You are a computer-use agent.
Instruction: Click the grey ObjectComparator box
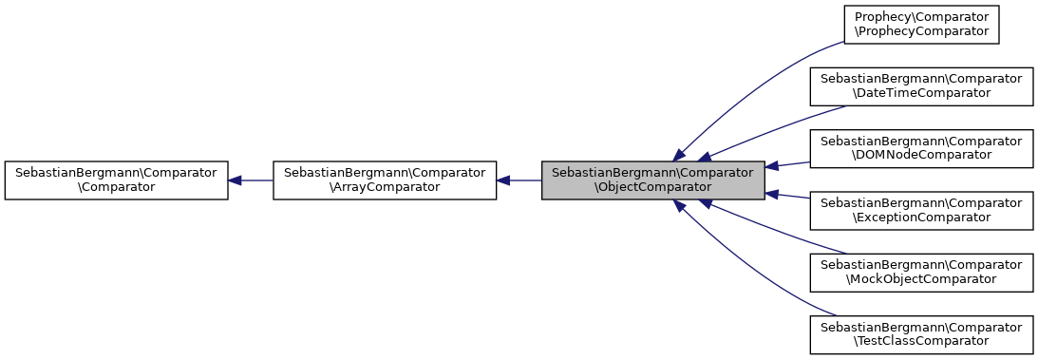652,180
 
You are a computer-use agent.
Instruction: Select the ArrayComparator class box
385,180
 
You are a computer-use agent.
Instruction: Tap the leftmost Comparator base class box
116,180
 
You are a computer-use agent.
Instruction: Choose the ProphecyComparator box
920,24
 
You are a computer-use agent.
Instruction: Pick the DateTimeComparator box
920,85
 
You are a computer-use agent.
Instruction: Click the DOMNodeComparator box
920,147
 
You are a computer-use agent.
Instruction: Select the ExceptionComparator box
920,210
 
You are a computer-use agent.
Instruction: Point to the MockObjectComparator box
920,272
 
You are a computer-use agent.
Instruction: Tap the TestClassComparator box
920,333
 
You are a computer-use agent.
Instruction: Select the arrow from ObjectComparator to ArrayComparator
519,180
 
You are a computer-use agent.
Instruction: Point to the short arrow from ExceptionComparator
787,196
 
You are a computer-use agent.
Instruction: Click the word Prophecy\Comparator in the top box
920,17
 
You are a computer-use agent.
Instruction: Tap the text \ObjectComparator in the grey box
652,188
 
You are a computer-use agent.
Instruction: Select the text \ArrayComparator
385,188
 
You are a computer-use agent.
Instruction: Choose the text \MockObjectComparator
920,279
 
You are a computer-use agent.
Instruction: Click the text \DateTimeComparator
920,93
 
